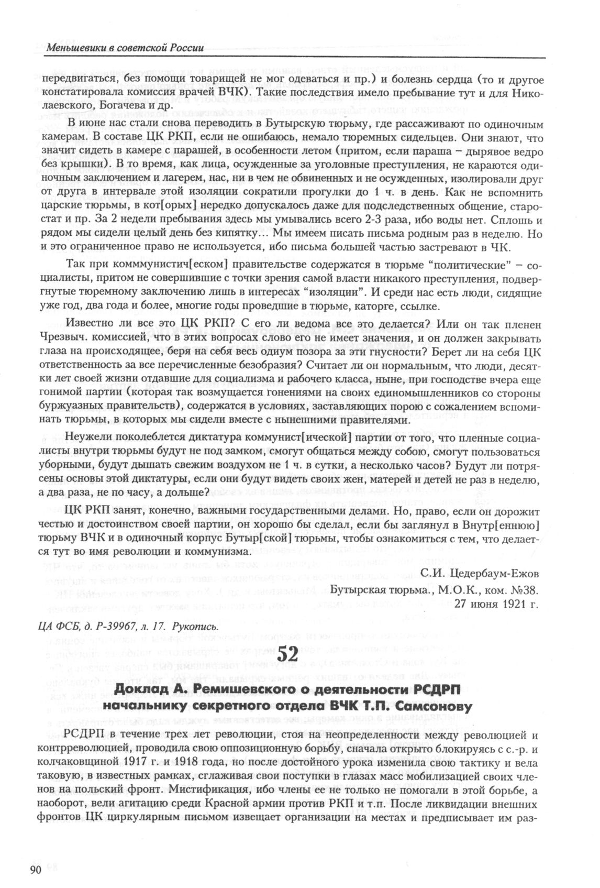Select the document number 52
(286, 654)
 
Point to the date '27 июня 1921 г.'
(496, 603)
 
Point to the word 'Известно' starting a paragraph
(90, 324)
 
